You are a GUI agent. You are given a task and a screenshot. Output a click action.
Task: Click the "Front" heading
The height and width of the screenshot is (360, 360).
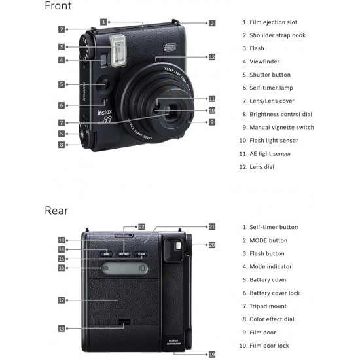58,7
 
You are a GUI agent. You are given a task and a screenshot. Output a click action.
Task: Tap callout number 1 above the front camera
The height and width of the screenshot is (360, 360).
104,22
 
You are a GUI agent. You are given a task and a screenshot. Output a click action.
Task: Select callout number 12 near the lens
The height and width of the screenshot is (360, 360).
211,58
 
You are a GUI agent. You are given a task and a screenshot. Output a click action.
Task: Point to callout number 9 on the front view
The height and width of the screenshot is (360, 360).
211,122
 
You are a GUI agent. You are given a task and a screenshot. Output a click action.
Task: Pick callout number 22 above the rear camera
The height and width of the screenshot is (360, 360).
141,226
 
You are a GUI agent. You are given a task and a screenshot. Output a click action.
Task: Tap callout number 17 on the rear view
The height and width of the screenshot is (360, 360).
62,300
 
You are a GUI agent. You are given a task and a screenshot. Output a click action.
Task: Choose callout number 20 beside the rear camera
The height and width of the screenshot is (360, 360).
211,245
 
